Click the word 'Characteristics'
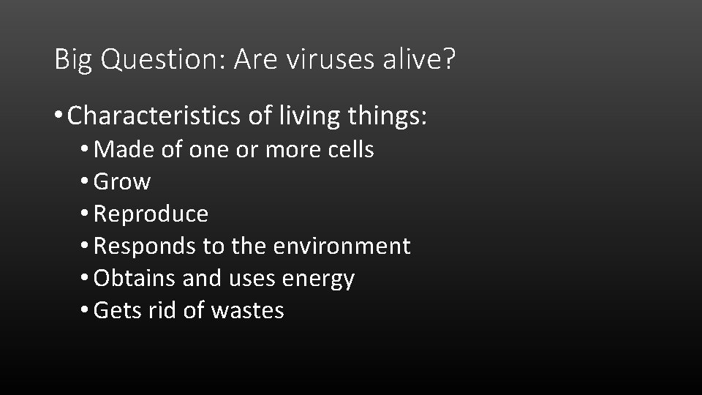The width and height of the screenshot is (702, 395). coord(149,115)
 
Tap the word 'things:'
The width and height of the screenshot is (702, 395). coord(385,116)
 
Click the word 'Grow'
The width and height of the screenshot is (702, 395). coord(122,182)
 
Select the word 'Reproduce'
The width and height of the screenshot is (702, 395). coord(151,214)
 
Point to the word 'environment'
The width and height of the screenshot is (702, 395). coord(341,247)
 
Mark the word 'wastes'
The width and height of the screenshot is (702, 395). coord(247,311)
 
